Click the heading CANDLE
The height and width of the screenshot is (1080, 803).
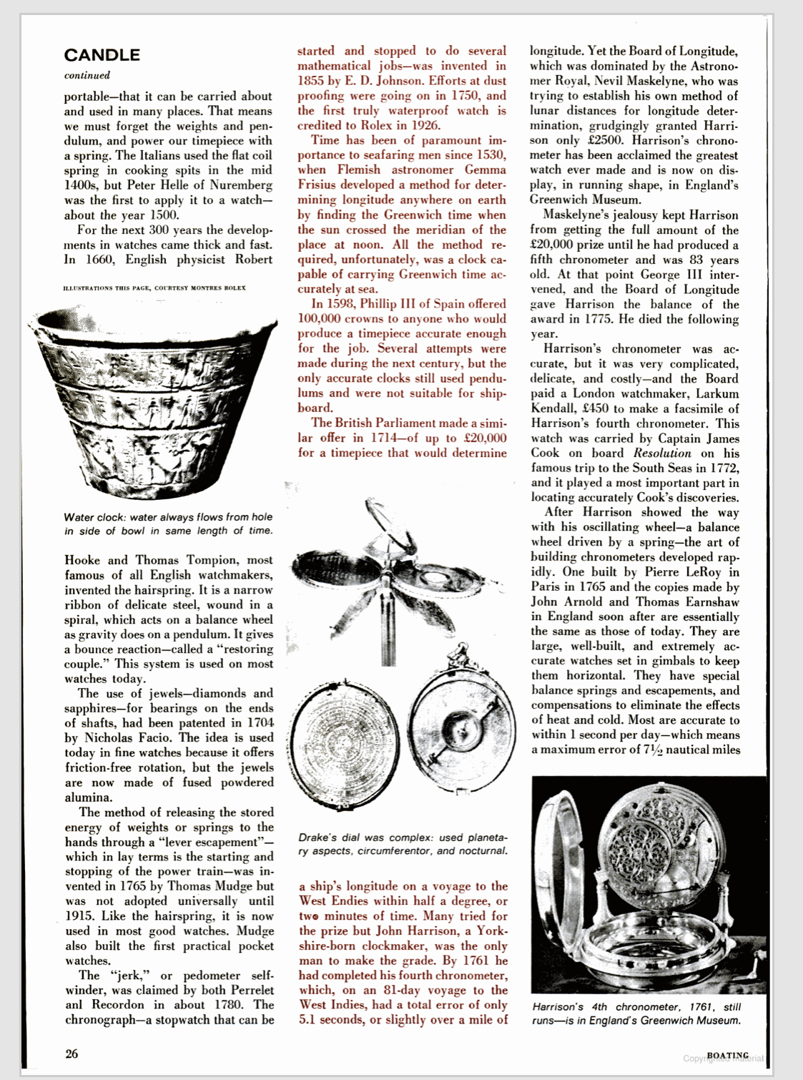(102, 55)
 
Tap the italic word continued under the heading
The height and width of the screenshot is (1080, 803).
(87, 75)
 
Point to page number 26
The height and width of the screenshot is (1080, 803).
(72, 1054)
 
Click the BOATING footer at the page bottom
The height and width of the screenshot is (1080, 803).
(727, 1056)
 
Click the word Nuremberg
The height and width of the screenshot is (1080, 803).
(239, 185)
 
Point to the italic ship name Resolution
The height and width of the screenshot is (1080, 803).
(662, 453)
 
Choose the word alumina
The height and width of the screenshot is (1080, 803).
(88, 797)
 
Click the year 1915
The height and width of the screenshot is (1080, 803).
(79, 916)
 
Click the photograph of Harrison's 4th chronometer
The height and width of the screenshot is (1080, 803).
(649, 885)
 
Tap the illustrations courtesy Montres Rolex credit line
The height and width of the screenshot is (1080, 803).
(154, 288)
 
